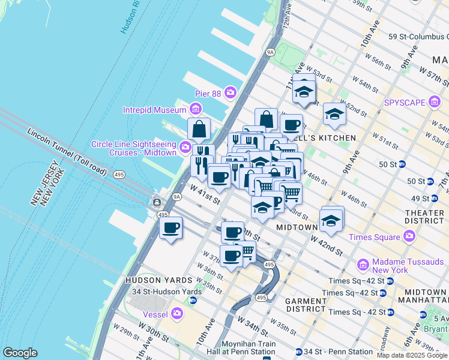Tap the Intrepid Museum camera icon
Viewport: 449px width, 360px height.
pyautogui.click(x=194, y=109)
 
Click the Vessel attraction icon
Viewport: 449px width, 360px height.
pyautogui.click(x=177, y=313)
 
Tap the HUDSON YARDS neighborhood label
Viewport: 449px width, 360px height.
pyautogui.click(x=158, y=280)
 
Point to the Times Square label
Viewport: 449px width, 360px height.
pyautogui.click(x=375, y=237)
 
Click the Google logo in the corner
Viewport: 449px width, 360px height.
pyautogui.click(x=20, y=353)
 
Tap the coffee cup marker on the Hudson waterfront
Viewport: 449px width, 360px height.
pyautogui.click(x=171, y=229)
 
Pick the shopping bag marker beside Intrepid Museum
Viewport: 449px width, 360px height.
pyautogui.click(x=199, y=129)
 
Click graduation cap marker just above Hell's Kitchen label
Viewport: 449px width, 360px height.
pyautogui.click(x=334, y=115)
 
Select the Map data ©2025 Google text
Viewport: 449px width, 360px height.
pyautogui.click(x=412, y=355)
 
